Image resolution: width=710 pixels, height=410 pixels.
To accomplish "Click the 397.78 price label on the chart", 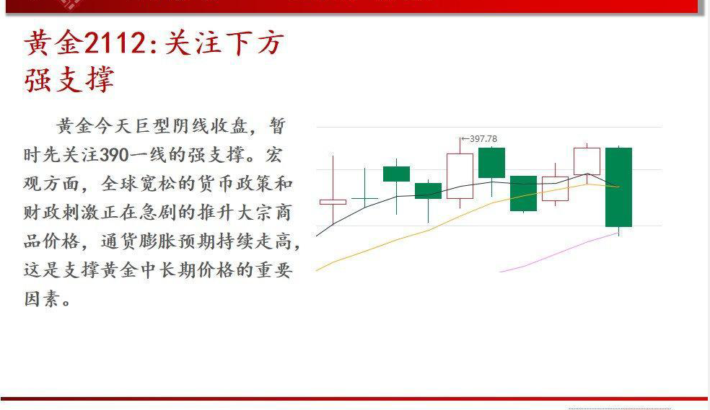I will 481,139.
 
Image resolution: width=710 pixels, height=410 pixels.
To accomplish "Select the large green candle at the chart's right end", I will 619,187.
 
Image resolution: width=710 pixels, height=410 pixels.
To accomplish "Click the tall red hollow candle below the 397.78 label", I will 460,175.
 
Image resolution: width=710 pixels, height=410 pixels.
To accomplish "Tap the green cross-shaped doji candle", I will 364,197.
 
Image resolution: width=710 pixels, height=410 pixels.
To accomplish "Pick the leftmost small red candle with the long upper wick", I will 333,202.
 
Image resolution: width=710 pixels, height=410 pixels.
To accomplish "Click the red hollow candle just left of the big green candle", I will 587,161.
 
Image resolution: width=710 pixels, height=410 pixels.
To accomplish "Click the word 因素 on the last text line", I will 40,298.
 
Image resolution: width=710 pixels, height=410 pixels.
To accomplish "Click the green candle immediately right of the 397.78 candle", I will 491,163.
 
